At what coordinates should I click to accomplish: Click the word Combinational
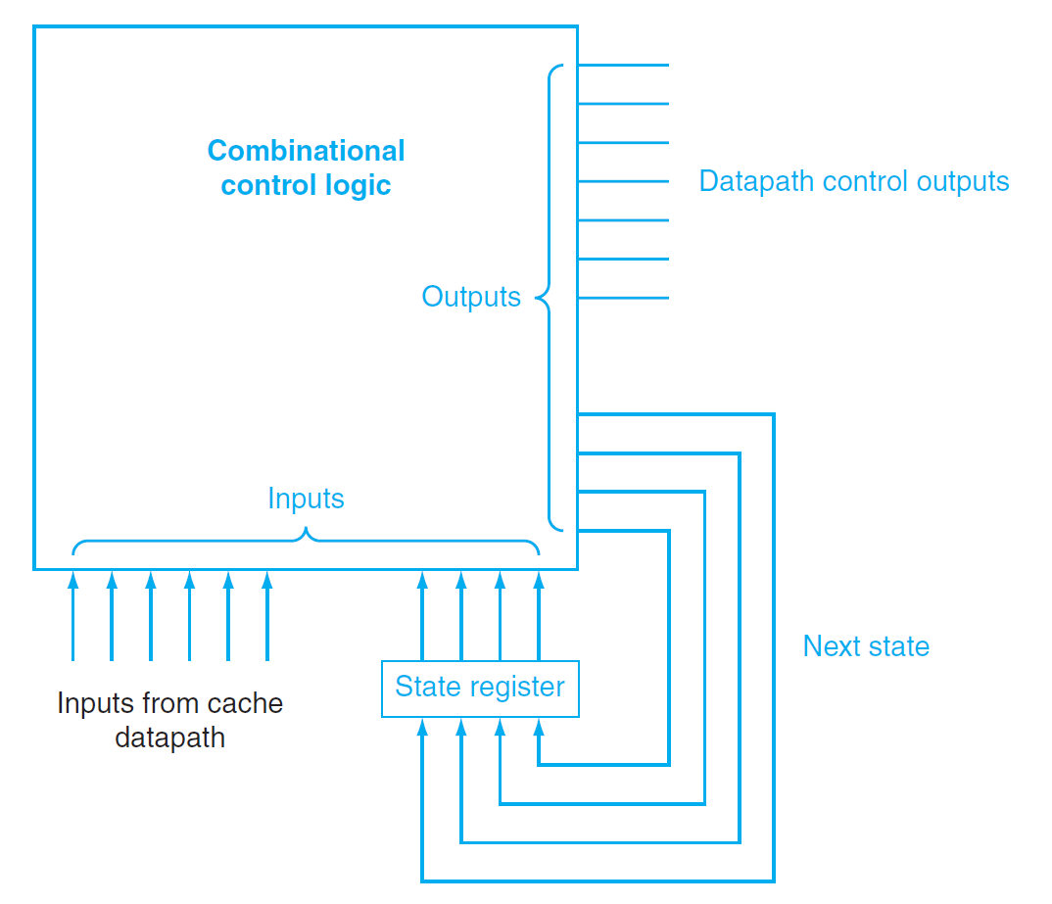pyautogui.click(x=306, y=151)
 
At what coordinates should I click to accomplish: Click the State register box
pyautogui.click(x=480, y=688)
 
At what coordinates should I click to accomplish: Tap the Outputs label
pyautogui.click(x=471, y=297)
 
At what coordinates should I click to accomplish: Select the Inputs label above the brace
pyautogui.click(x=306, y=499)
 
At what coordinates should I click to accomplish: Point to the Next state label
pyautogui.click(x=866, y=646)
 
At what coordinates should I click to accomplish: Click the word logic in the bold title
pyautogui.click(x=357, y=185)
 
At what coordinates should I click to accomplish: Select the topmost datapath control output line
pyautogui.click(x=623, y=66)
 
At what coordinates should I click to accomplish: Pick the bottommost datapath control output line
pyautogui.click(x=623, y=298)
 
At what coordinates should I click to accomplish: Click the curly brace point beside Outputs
pyautogui.click(x=539, y=297)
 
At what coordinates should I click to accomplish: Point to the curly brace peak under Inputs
pyautogui.click(x=307, y=533)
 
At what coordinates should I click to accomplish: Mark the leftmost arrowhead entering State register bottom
pyautogui.click(x=422, y=728)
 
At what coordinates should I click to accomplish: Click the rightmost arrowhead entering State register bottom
pyautogui.click(x=538, y=728)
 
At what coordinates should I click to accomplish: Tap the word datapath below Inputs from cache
pyautogui.click(x=169, y=737)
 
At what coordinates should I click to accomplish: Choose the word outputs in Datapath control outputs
pyautogui.click(x=963, y=181)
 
